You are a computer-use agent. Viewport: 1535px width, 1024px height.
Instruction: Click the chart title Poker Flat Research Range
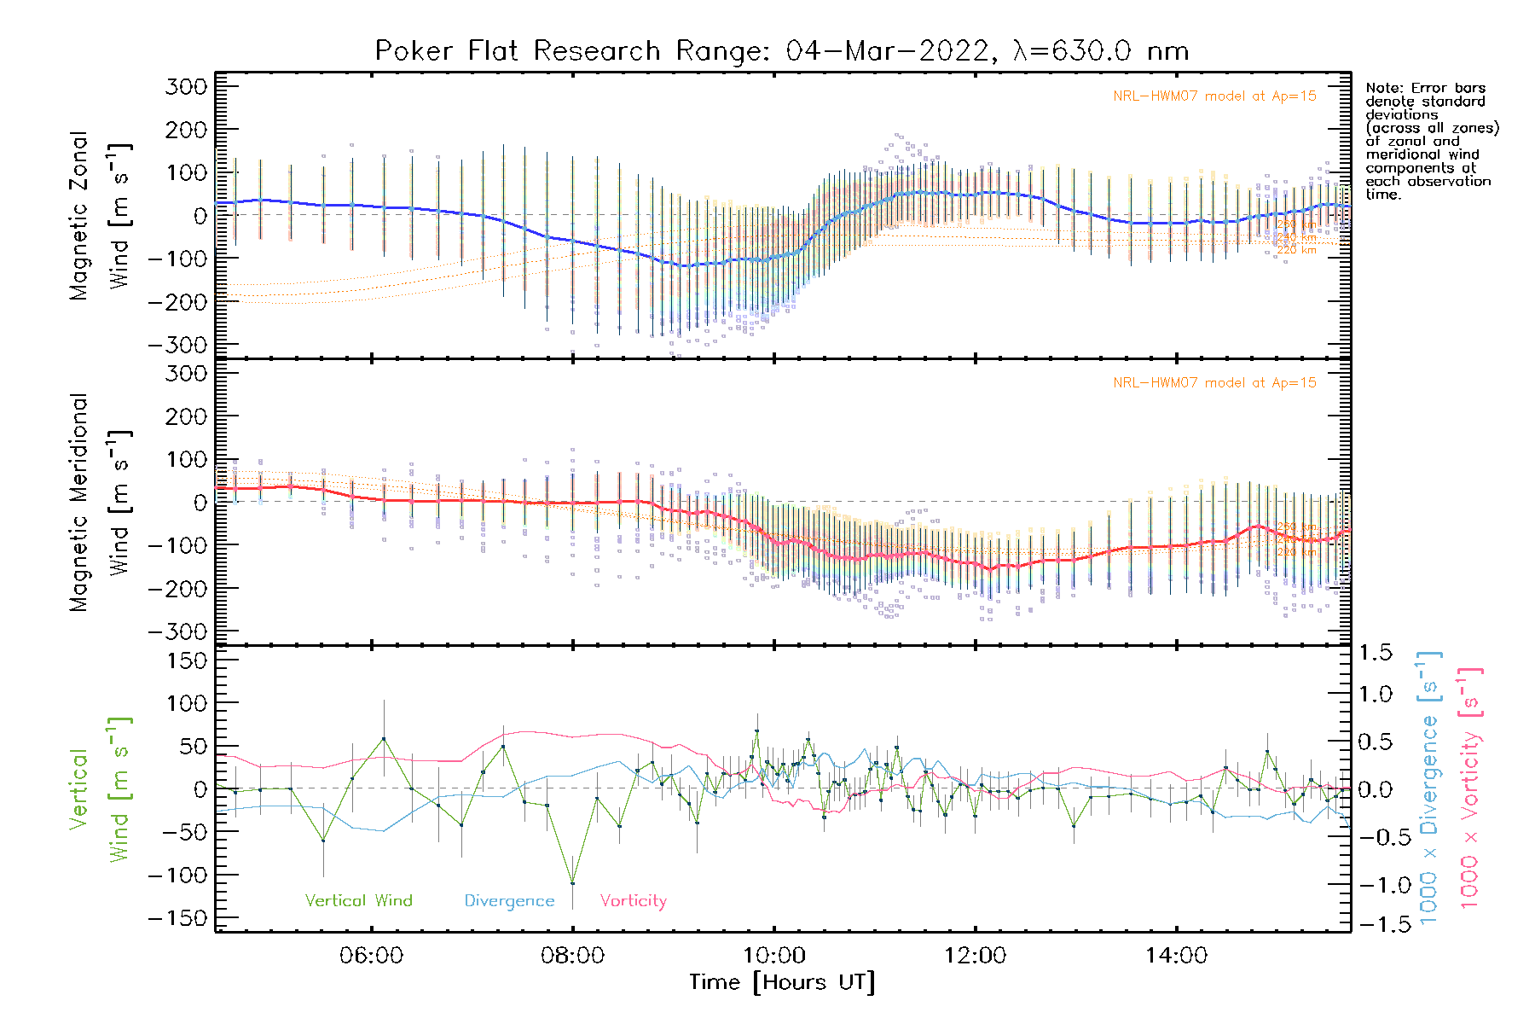[x=781, y=51]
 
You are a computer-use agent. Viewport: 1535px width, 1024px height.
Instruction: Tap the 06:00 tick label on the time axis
[x=371, y=956]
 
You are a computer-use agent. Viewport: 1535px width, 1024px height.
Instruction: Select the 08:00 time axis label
[x=572, y=956]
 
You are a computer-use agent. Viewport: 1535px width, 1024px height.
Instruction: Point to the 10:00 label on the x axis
[x=773, y=956]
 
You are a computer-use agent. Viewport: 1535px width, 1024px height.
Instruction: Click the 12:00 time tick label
[x=975, y=956]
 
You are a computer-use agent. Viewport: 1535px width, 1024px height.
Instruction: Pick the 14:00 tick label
[x=1176, y=956]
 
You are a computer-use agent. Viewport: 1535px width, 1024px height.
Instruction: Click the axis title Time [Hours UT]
[x=782, y=983]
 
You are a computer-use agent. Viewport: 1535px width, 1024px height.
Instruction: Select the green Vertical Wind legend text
[x=358, y=901]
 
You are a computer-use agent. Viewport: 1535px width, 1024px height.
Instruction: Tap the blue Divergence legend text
[x=509, y=901]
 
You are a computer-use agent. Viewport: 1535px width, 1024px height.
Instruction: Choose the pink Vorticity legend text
[x=633, y=901]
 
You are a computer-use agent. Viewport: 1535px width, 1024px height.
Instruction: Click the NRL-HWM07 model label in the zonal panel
[x=1214, y=96]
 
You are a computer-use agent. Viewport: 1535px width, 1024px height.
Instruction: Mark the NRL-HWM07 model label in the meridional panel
[x=1214, y=383]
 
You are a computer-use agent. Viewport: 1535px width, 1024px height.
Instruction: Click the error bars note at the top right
[x=1431, y=141]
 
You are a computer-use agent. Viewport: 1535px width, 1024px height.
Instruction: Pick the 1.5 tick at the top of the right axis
[x=1375, y=653]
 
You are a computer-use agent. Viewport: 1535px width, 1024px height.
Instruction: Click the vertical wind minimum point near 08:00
[x=572, y=883]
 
